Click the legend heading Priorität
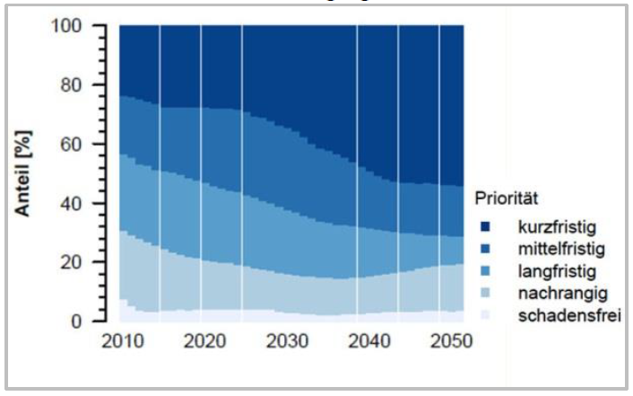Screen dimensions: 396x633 (x=506, y=196)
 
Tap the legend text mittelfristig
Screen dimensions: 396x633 (x=560, y=245)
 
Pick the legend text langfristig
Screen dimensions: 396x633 (x=556, y=268)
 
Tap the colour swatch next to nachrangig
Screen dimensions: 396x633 (x=485, y=292)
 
